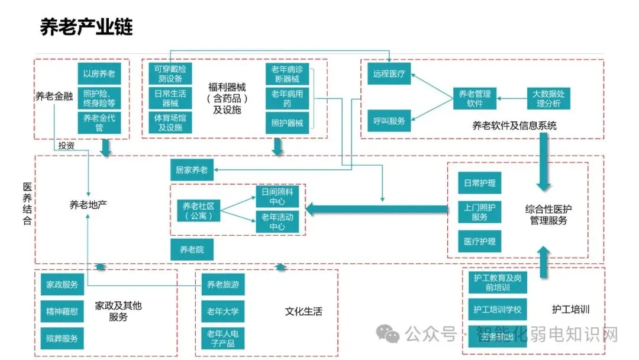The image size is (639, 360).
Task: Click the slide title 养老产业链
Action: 86,27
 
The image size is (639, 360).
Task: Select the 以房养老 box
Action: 99,74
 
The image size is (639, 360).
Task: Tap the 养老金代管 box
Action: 99,123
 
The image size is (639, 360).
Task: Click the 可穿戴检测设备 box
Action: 169,74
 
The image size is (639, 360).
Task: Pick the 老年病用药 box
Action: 287,98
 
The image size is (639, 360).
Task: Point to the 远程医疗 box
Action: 389,74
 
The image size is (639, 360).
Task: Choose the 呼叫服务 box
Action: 389,121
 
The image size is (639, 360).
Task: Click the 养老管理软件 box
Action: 475,98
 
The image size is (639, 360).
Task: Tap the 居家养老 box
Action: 192,171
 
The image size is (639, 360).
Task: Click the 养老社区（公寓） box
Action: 198,211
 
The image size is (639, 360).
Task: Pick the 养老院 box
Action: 192,249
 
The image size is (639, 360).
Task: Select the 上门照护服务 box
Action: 479,212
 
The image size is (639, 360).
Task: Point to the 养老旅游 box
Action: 222,285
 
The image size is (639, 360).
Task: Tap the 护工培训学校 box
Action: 497,309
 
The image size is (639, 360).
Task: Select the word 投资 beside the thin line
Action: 66,146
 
